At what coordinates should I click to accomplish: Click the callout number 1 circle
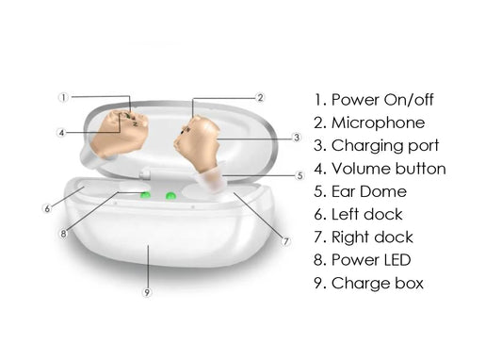63,97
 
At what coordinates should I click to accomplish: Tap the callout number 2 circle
261,97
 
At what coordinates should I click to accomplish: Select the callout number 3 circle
296,138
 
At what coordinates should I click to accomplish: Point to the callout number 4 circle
61,133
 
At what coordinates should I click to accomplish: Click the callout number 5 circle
300,175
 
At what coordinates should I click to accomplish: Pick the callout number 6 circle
46,208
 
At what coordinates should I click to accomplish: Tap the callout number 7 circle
286,241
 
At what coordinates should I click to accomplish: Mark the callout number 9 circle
146,293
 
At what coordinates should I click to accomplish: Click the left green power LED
146,196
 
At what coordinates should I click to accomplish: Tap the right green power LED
170,196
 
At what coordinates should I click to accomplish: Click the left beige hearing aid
119,131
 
